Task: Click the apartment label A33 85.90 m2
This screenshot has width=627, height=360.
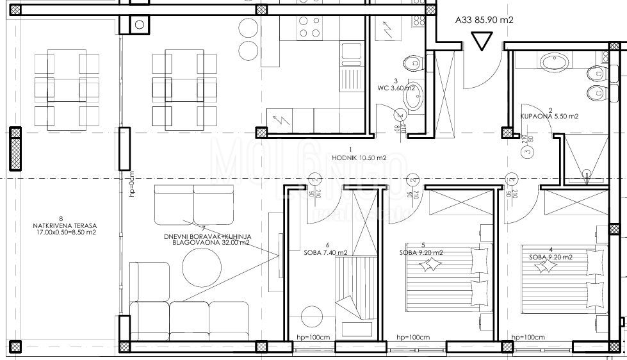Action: [484, 20]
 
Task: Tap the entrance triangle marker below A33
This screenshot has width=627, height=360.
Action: [480, 41]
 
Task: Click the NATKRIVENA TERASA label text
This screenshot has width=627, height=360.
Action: [66, 229]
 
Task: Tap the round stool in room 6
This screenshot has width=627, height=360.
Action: [313, 316]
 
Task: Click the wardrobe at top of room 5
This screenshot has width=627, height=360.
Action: [460, 205]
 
